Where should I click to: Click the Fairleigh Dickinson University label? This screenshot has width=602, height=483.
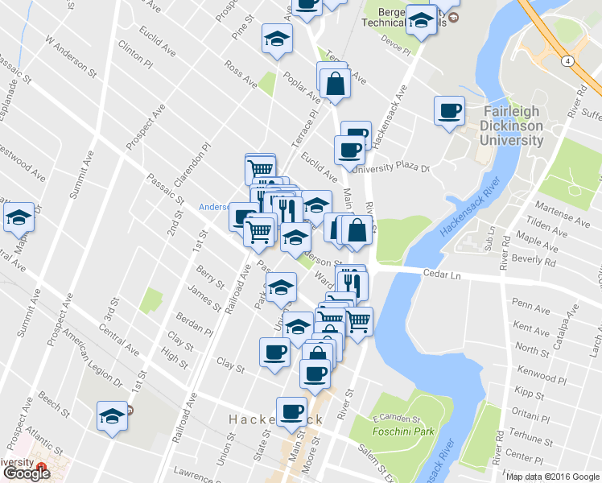click(512, 126)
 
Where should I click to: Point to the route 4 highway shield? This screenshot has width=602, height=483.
click(568, 61)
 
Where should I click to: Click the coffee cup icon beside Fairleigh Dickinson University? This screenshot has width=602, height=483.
click(449, 110)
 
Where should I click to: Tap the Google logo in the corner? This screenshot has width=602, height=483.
click(26, 473)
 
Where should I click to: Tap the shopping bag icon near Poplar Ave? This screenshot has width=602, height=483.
click(334, 83)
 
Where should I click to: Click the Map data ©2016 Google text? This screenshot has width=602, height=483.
click(552, 476)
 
